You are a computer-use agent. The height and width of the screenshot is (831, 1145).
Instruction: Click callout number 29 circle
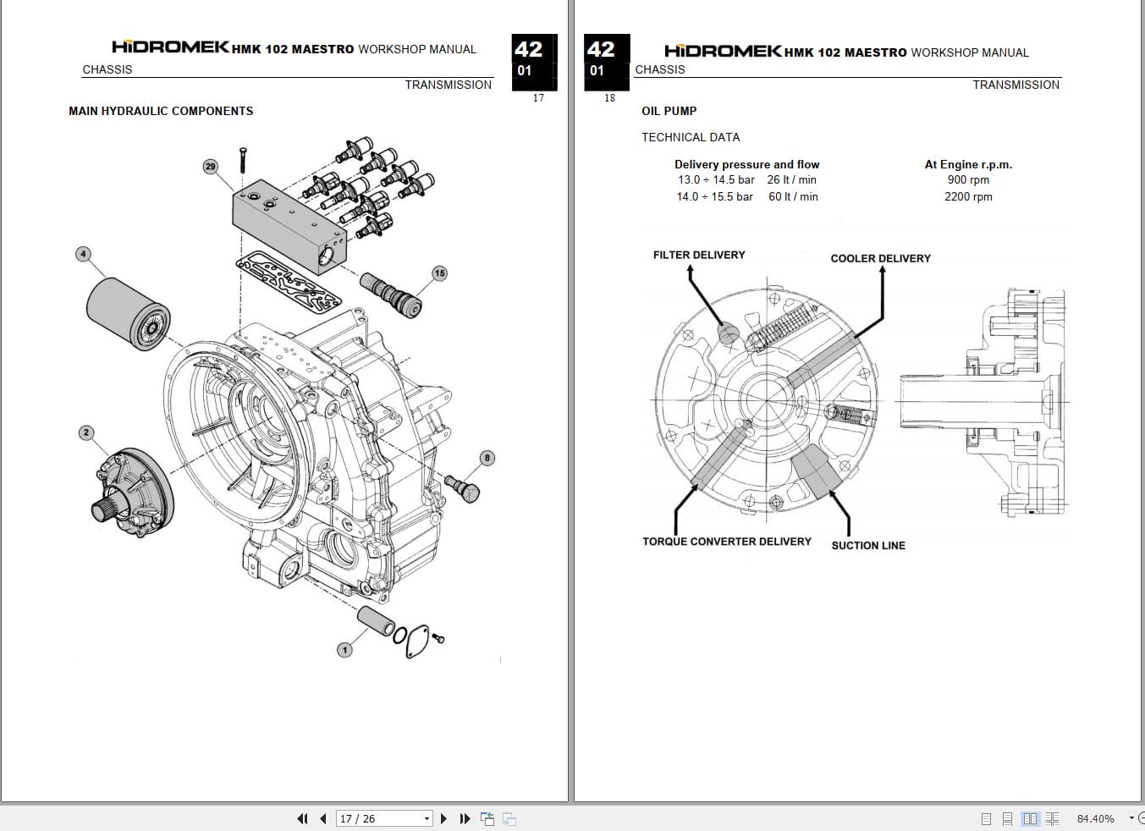pyautogui.click(x=210, y=167)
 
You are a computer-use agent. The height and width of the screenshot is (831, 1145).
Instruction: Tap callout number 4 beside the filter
pyautogui.click(x=83, y=254)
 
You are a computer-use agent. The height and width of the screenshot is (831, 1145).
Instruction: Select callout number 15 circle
pyautogui.click(x=439, y=273)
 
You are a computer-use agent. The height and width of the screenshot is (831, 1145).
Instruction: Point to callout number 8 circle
pyautogui.click(x=487, y=458)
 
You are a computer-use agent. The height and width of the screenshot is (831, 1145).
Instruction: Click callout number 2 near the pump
pyautogui.click(x=85, y=432)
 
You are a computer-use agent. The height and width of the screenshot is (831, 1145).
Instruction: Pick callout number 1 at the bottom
pyautogui.click(x=344, y=650)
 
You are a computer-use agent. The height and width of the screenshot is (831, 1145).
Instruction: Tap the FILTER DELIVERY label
pyautogui.click(x=699, y=255)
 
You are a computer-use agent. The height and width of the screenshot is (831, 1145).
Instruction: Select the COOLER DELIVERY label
pyautogui.click(x=880, y=258)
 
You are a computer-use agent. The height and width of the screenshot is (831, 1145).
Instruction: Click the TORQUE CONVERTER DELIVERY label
pyautogui.click(x=726, y=542)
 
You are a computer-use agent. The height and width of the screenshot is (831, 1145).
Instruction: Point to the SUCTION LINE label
pyautogui.click(x=868, y=546)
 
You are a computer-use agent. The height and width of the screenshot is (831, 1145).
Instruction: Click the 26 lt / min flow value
pyautogui.click(x=791, y=179)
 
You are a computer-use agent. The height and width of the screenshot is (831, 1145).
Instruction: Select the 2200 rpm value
pyautogui.click(x=968, y=196)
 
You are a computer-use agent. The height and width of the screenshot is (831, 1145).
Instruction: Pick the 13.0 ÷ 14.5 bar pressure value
pyautogui.click(x=716, y=179)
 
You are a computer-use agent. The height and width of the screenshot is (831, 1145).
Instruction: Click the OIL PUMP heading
pyautogui.click(x=669, y=111)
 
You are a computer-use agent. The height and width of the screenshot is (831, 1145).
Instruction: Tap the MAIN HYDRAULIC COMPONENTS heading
pyautogui.click(x=161, y=111)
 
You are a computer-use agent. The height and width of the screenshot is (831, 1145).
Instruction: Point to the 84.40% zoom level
pyautogui.click(x=1095, y=818)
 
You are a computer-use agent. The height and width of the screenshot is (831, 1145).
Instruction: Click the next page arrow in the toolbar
pyautogui.click(x=443, y=818)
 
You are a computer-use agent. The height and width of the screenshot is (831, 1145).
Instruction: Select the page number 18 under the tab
pyautogui.click(x=609, y=98)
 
